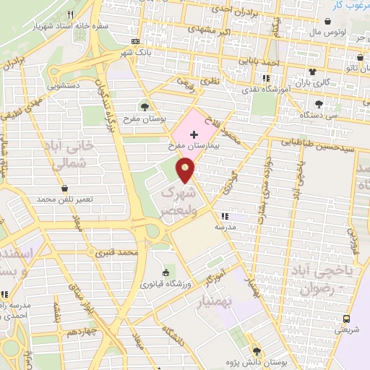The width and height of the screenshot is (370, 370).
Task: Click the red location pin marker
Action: click(186, 171)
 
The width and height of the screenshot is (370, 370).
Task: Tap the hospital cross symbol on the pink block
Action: click(194, 134)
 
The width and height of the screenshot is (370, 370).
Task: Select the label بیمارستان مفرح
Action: click(194, 145)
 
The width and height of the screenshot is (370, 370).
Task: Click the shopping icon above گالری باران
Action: click(312, 72)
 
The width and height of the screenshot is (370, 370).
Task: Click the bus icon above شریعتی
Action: click(347, 318)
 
